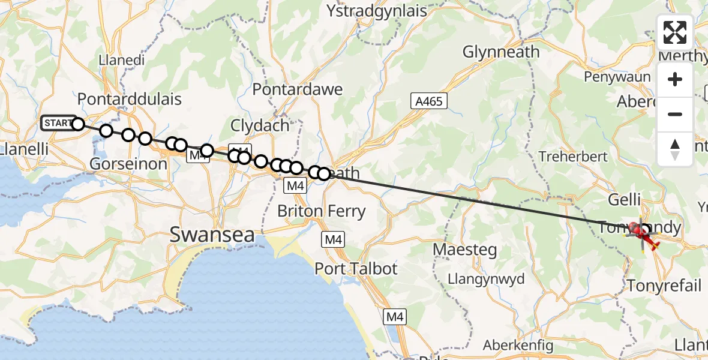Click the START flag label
(58, 123)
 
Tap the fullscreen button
(675, 32)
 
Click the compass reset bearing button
(675, 149)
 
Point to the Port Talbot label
(356, 268)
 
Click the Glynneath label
(501, 52)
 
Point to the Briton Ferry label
(321, 211)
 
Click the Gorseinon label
(128, 163)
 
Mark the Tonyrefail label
(664, 285)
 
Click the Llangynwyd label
(487, 279)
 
